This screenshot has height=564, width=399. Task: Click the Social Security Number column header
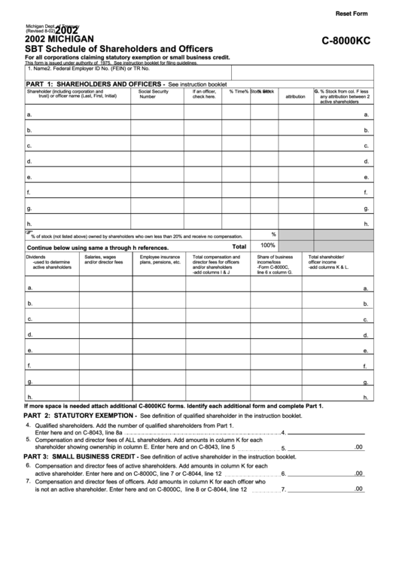tap(154, 94)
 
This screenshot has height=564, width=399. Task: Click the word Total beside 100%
tap(239, 246)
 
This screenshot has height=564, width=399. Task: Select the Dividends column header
tap(45, 261)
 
